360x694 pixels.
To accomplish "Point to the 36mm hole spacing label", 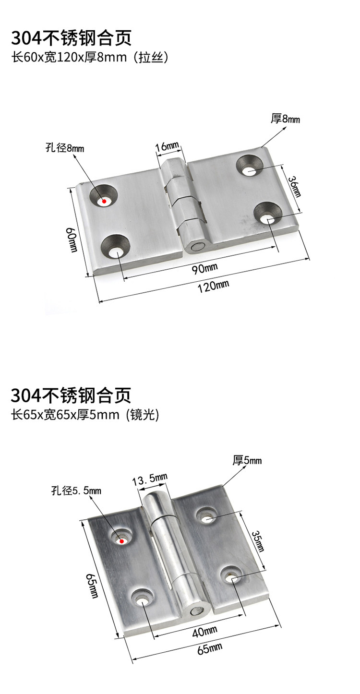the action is [x=295, y=186].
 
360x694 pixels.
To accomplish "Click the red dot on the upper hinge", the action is [x=104, y=201].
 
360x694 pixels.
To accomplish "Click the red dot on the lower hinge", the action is [x=122, y=541].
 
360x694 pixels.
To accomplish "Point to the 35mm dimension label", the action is [x=257, y=541].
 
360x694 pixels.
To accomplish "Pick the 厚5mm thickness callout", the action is [x=247, y=461].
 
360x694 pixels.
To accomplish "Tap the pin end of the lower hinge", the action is [x=197, y=612].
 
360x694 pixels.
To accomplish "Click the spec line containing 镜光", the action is [x=85, y=415].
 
